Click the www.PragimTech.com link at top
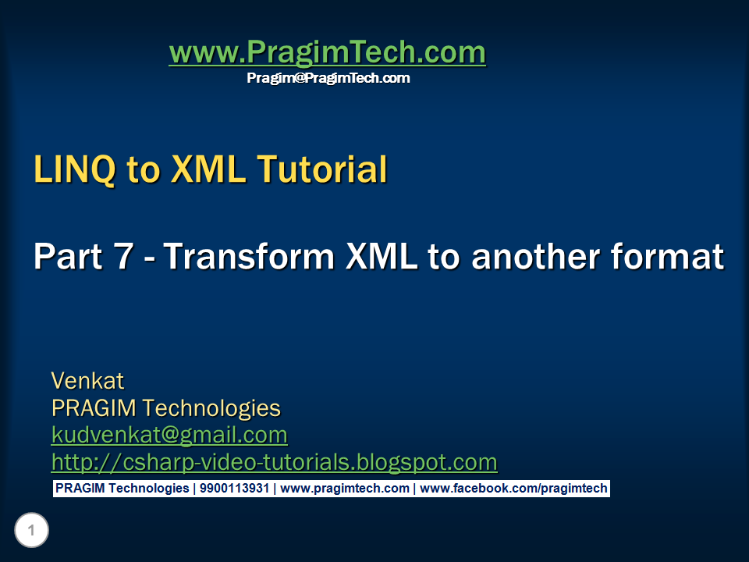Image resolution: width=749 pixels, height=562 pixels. [327, 53]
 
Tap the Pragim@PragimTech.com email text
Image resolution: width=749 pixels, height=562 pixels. [328, 78]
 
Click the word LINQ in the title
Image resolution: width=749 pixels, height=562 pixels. [75, 170]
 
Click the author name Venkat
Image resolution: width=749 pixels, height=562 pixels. [87, 381]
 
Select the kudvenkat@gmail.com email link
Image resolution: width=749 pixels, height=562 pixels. [169, 435]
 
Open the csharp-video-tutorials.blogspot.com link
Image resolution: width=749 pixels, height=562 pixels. [274, 462]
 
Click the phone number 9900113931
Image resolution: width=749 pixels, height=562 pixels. [235, 489]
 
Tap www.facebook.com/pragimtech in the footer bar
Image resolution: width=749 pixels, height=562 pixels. [513, 489]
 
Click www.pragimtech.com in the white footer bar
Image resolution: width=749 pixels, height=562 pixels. [345, 489]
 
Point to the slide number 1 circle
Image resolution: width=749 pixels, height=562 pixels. [31, 532]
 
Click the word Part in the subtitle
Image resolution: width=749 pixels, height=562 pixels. [66, 257]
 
